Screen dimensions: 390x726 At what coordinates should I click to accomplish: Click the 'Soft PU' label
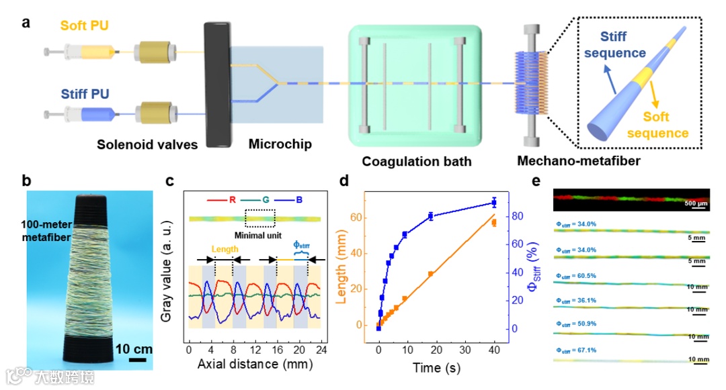point(84,26)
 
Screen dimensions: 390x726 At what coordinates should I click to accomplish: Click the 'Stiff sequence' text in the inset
point(621,45)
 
